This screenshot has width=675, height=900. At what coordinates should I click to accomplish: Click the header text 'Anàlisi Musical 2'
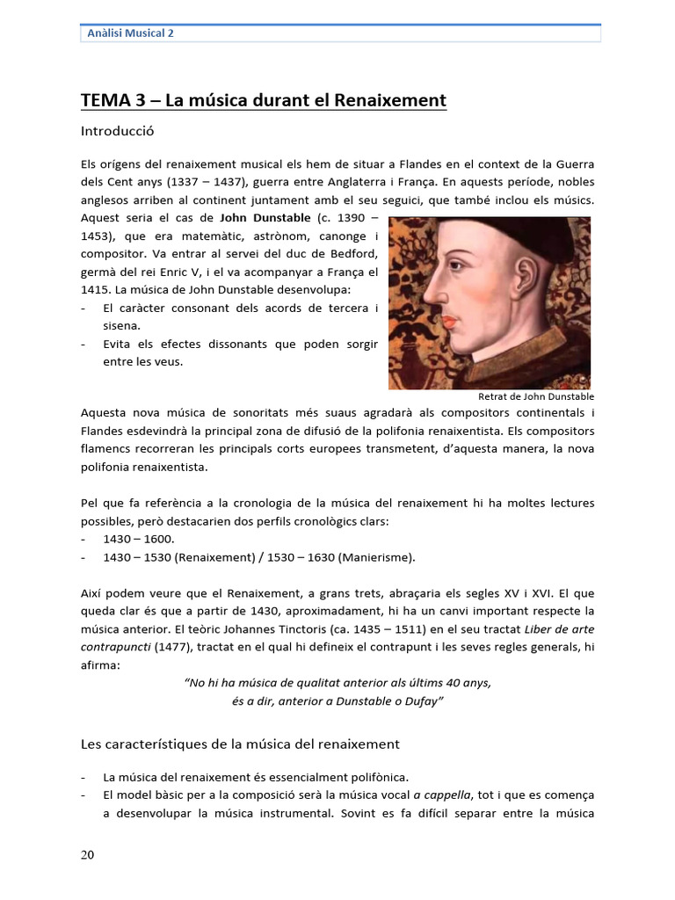tap(131, 33)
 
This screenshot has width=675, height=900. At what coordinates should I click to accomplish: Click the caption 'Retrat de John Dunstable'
tap(536, 396)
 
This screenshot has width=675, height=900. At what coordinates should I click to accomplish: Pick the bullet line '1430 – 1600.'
tap(138, 538)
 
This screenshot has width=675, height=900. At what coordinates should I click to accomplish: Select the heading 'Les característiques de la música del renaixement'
tap(240, 744)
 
